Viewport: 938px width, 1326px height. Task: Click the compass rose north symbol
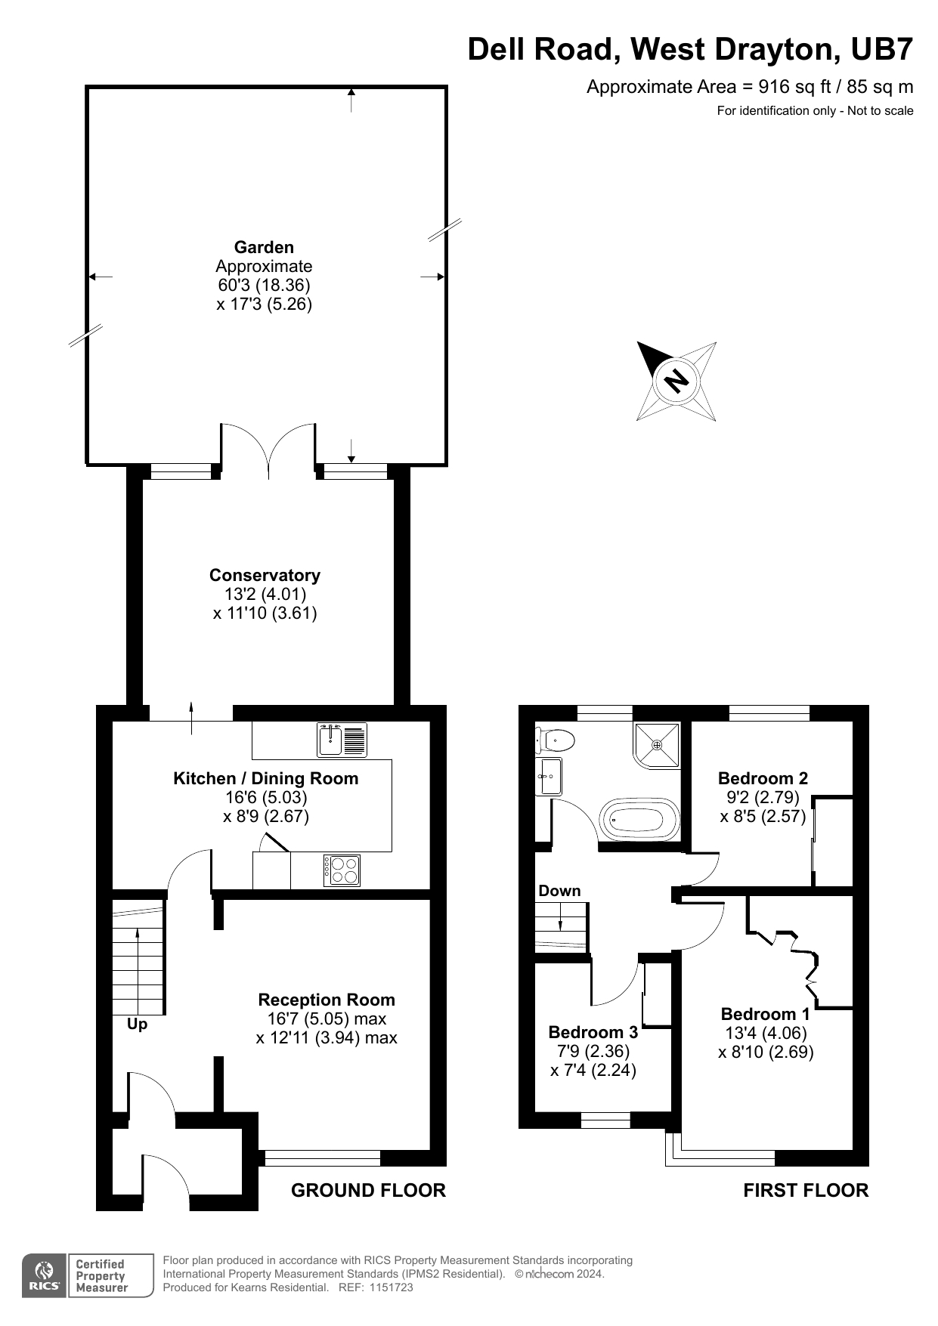click(676, 380)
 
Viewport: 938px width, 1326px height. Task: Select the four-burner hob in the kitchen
click(342, 870)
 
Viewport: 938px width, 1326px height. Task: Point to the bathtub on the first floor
click(639, 818)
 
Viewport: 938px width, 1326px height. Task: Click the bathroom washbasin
click(548, 776)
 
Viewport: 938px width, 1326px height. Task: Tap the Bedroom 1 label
click(765, 1014)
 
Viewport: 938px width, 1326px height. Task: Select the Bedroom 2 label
click(763, 778)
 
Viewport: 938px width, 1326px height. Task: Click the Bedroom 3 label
click(593, 1032)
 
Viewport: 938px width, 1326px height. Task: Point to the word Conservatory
click(265, 575)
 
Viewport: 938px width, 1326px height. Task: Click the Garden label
click(264, 247)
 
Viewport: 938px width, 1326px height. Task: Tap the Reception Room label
click(327, 1000)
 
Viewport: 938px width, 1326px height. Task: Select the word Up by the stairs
click(137, 1024)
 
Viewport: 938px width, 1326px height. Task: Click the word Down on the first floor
click(559, 891)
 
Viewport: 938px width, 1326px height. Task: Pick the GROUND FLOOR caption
click(368, 1191)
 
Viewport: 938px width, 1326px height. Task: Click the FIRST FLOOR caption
click(806, 1191)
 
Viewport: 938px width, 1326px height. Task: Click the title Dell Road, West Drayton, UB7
click(690, 49)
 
